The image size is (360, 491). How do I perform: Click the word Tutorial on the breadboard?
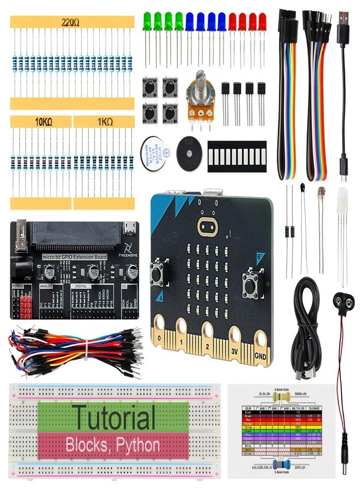tap(114, 418)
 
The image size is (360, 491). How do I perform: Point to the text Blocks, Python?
tap(113, 445)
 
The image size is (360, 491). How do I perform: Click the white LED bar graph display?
tap(237, 156)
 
